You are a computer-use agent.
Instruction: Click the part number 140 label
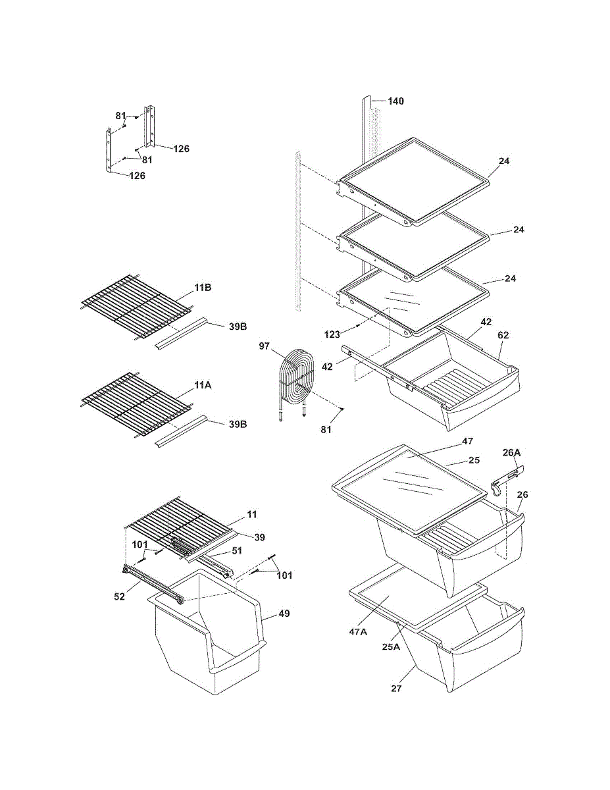click(395, 101)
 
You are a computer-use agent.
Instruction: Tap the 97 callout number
click(264, 346)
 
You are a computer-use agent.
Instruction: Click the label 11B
click(203, 288)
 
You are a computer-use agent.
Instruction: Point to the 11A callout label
click(203, 385)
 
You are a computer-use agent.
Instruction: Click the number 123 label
click(332, 334)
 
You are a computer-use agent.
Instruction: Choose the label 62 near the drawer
click(503, 335)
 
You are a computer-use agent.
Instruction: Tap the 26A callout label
click(511, 453)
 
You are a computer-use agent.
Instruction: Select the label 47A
click(358, 632)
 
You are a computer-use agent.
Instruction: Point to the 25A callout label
click(391, 646)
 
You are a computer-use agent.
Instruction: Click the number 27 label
click(396, 688)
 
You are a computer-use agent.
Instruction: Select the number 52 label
click(120, 596)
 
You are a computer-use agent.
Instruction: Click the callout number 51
click(236, 551)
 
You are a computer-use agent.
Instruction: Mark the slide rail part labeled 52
click(153, 585)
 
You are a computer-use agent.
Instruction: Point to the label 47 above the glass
click(467, 441)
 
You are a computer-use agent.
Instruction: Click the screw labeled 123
click(358, 326)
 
